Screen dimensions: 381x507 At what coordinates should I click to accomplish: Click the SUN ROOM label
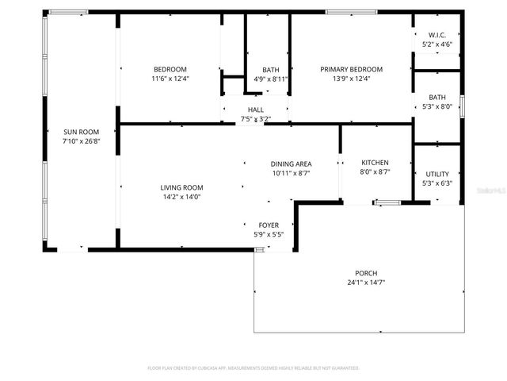(x=81, y=132)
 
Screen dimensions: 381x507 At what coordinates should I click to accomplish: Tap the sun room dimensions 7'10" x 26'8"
(x=81, y=140)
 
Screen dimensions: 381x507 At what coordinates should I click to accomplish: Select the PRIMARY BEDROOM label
(x=351, y=69)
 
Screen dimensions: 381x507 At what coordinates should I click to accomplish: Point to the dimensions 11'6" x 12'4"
(x=170, y=79)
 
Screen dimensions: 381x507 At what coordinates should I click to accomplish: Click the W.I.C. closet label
(x=437, y=35)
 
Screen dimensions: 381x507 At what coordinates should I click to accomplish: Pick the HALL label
(x=255, y=110)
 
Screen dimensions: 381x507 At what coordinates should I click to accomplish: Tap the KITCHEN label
(x=375, y=163)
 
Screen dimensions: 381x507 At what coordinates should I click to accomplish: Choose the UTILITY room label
(x=437, y=174)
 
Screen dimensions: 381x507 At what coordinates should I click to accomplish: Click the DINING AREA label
(x=292, y=164)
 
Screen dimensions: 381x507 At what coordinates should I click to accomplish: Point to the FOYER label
(x=269, y=225)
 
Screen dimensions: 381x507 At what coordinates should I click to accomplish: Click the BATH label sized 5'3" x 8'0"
(x=437, y=97)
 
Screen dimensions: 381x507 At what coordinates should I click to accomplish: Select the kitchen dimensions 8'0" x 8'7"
(x=375, y=172)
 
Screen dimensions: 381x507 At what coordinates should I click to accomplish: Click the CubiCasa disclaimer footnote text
(x=253, y=368)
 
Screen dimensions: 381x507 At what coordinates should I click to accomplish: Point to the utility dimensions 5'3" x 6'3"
(x=437, y=183)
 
